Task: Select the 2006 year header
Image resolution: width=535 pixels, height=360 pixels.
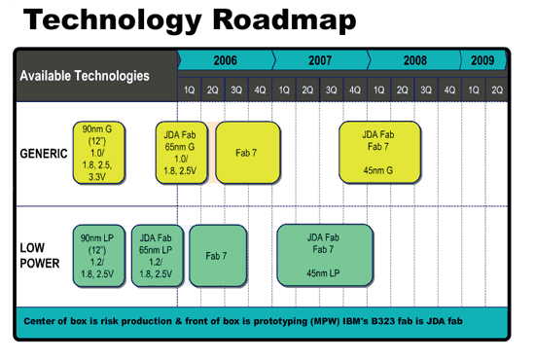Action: click(225, 60)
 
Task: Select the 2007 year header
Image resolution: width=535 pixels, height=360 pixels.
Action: click(320, 60)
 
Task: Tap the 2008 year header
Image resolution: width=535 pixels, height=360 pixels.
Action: click(414, 60)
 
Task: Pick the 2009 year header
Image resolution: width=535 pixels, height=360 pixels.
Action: click(483, 60)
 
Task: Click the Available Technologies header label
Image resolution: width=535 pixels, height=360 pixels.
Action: click(86, 75)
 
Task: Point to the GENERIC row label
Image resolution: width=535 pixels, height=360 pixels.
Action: click(44, 154)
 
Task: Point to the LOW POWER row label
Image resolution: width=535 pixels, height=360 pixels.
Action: click(40, 255)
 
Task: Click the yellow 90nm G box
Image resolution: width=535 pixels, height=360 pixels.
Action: click(99, 153)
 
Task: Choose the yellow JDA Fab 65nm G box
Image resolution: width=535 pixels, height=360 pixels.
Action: click(181, 153)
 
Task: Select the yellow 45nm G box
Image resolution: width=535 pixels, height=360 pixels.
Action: click(379, 153)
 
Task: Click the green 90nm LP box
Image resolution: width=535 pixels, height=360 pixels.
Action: click(99, 255)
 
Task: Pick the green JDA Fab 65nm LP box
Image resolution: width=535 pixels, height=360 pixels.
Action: click(157, 255)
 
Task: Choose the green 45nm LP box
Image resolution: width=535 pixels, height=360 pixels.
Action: click(325, 255)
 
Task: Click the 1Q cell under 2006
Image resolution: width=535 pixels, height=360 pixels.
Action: click(190, 90)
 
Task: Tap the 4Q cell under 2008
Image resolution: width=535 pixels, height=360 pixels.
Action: click(449, 90)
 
